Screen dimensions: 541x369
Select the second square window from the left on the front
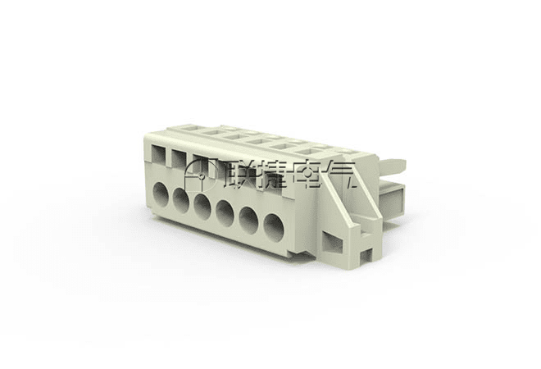click(x=179, y=159)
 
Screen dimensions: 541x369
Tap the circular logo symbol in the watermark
click(x=200, y=175)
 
